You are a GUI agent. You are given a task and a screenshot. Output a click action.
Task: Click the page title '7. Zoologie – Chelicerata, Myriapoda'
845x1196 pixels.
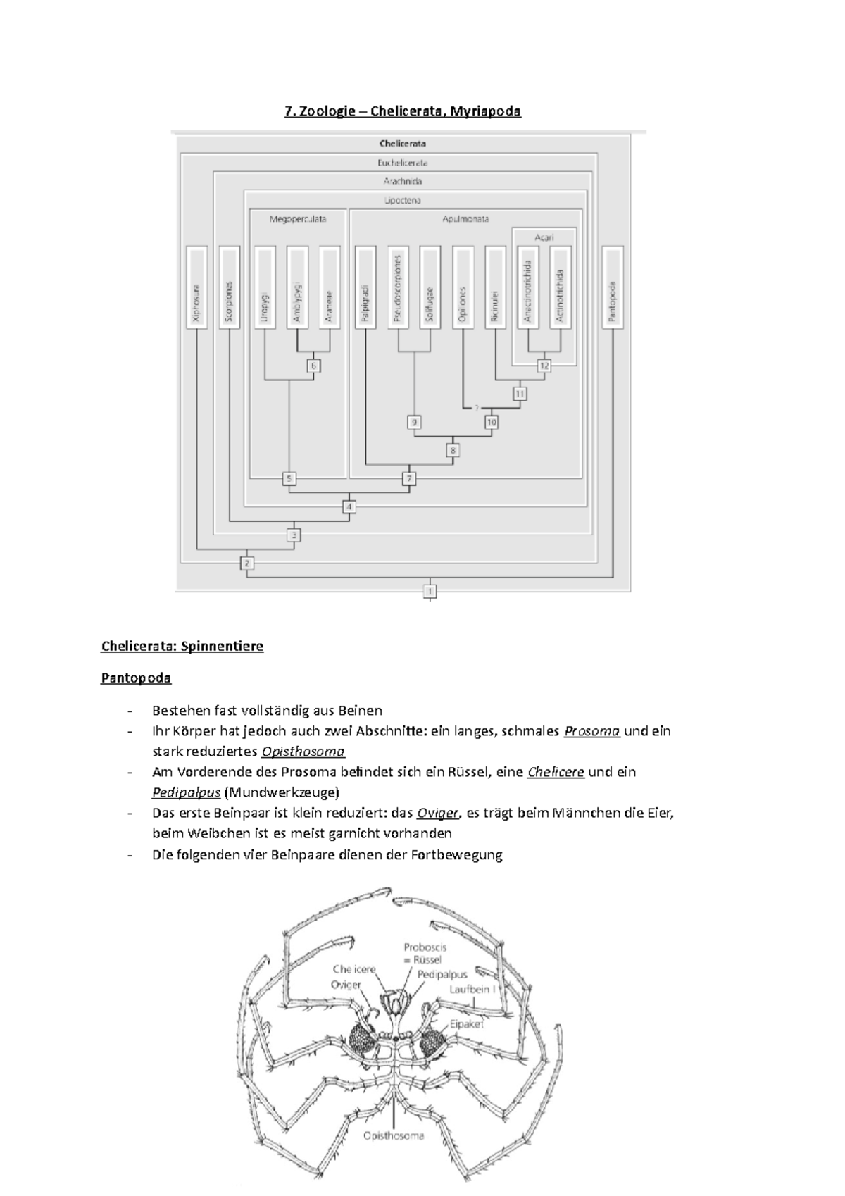click(402, 111)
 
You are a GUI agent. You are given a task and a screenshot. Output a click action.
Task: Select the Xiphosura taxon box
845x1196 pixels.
click(196, 287)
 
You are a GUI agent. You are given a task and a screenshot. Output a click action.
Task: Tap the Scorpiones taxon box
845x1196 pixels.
click(230, 287)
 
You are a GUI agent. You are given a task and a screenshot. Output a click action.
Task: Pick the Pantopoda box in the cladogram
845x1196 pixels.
click(613, 287)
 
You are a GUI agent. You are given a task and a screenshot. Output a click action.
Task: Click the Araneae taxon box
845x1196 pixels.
click(330, 287)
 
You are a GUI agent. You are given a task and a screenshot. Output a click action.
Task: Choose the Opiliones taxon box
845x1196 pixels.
click(463, 287)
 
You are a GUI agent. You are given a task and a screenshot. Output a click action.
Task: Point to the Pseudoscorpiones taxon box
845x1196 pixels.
click(398, 287)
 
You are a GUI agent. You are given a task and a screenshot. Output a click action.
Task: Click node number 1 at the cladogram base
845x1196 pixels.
click(430, 590)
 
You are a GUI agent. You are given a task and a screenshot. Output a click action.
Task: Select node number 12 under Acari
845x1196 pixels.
click(544, 366)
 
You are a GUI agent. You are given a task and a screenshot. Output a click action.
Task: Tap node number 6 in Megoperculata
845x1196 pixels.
click(314, 366)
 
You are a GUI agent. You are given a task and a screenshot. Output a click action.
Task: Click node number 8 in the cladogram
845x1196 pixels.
click(453, 450)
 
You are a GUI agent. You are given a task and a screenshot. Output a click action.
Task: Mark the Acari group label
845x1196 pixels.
click(544, 237)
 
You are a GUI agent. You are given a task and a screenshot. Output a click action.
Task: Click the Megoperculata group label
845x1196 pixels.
click(297, 219)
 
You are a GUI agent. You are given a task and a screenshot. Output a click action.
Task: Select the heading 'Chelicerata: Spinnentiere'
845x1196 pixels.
click(182, 646)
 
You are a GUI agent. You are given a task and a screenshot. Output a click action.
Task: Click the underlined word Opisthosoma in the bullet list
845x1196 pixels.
click(303, 751)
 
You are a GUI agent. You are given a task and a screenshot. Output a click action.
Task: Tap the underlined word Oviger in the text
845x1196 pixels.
click(437, 813)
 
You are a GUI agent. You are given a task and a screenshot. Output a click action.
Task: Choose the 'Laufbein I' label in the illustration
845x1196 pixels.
click(473, 989)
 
